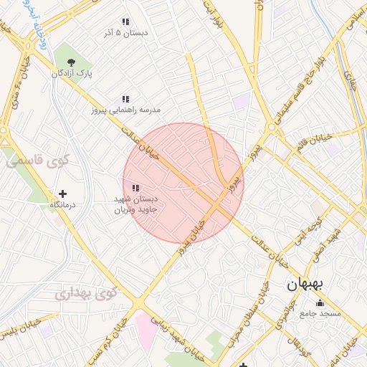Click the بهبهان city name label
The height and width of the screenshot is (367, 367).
click(x=305, y=284)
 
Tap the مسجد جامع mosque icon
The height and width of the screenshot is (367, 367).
click(x=320, y=302)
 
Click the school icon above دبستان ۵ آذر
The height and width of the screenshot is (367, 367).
click(x=125, y=22)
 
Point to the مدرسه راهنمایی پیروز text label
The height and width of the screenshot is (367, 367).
click(x=125, y=110)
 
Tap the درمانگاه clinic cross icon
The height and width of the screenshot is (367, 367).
click(x=63, y=194)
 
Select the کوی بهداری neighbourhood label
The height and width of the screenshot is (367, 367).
click(x=86, y=293)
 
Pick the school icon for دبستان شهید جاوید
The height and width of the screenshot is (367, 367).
click(x=135, y=188)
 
